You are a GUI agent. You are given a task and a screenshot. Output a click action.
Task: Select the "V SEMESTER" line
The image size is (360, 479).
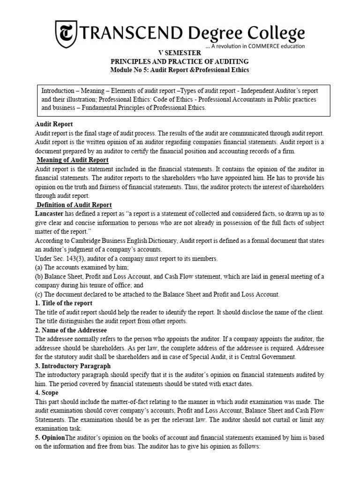180,54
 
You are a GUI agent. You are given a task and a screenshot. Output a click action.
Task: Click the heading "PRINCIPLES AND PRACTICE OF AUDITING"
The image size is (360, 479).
180,62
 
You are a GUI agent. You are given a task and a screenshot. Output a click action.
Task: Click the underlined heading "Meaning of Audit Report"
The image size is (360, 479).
73,160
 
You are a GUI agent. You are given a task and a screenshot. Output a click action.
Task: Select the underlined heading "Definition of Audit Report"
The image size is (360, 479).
74,205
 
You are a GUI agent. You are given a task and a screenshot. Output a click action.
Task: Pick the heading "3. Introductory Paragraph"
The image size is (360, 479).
73,366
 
